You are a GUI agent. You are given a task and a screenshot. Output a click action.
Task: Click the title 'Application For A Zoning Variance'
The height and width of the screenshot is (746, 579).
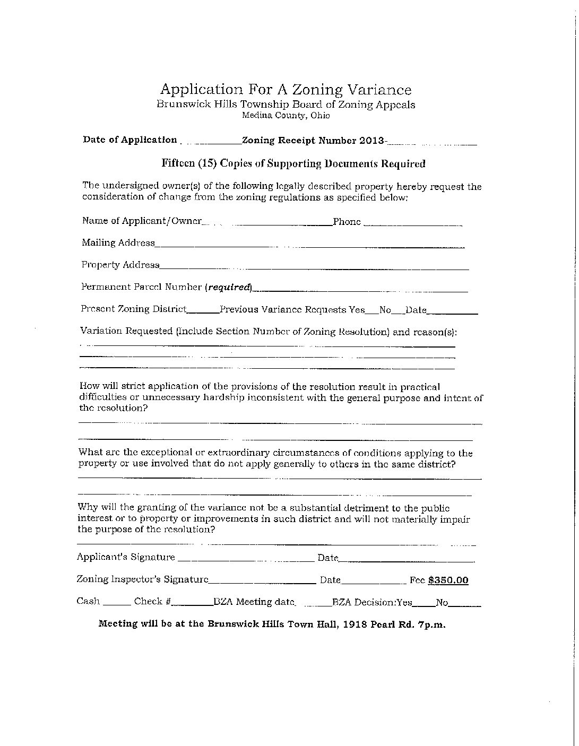coord(286,89)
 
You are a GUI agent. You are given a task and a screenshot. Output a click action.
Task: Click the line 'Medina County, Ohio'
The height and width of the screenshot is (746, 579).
coord(286,115)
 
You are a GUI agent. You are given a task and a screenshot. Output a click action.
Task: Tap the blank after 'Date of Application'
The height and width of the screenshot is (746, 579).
coord(210,141)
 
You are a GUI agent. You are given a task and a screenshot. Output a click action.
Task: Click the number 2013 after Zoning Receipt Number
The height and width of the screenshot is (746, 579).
coord(371,141)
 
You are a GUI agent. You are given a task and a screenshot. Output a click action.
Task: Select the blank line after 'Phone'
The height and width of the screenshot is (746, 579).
coord(412,223)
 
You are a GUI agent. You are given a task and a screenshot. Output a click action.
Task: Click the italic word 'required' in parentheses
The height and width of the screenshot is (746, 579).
coord(228,287)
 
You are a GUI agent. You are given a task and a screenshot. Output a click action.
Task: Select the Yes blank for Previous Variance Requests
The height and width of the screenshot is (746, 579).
coord(372,311)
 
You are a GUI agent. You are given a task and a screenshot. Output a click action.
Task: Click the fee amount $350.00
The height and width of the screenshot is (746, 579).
coord(448,580)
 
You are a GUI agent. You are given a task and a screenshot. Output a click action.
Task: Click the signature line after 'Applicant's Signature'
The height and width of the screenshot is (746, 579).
coord(245,559)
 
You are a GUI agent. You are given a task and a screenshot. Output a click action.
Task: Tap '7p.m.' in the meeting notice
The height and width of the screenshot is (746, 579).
coord(431,624)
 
